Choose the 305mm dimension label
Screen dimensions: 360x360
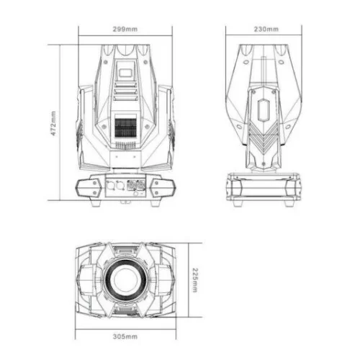(125, 337)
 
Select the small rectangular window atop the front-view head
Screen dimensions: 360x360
(125, 71)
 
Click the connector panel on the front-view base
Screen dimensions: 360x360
(125, 185)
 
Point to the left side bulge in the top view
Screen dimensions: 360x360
(86, 278)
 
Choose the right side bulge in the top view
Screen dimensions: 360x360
(166, 278)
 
